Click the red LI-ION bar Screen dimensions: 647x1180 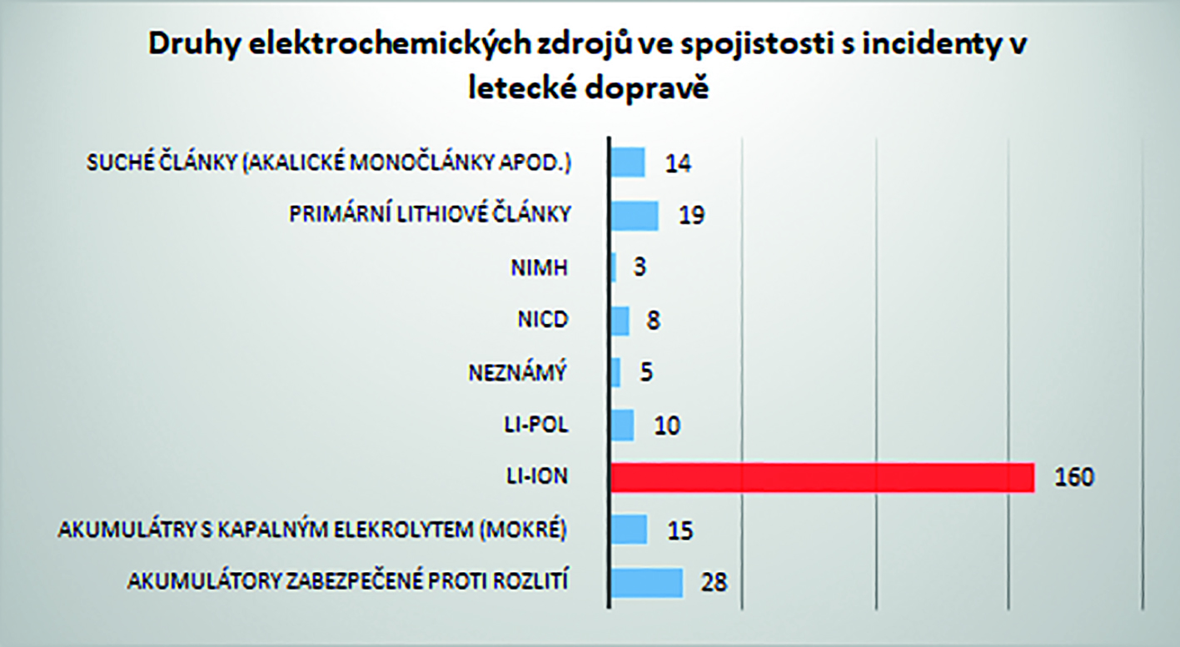(822, 477)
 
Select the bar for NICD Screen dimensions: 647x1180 (620, 321)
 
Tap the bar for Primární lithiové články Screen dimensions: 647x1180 (635, 215)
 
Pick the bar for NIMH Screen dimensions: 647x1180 (614, 267)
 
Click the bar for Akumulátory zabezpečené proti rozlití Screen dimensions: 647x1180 (647, 582)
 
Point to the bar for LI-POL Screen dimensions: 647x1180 (623, 425)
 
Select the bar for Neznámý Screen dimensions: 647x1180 (616, 372)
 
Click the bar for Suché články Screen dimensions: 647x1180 (629, 162)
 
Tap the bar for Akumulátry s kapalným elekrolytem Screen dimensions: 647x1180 (630, 530)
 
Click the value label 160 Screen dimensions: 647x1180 (1073, 478)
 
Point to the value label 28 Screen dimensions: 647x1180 (714, 582)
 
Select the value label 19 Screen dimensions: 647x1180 (691, 216)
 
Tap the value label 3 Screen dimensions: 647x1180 (640, 268)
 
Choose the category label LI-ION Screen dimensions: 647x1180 (539, 477)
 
